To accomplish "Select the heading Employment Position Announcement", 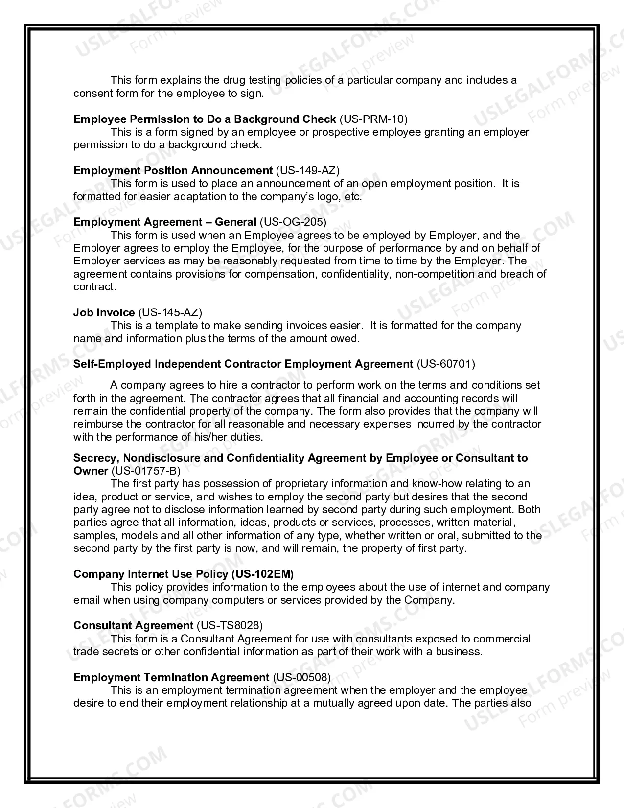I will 173,170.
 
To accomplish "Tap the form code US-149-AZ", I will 308,170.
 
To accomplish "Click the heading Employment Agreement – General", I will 165,222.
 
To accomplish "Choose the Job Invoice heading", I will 104,312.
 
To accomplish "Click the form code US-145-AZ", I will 170,312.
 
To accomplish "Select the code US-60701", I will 445,364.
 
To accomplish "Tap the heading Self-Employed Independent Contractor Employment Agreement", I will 243,364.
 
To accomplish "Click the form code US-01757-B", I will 146,471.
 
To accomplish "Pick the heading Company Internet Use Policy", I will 151,574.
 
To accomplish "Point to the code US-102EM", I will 263,574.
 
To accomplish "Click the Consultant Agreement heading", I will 133,625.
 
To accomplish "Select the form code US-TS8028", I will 230,625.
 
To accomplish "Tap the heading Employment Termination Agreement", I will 171,677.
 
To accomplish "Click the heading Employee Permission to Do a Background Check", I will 205,119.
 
